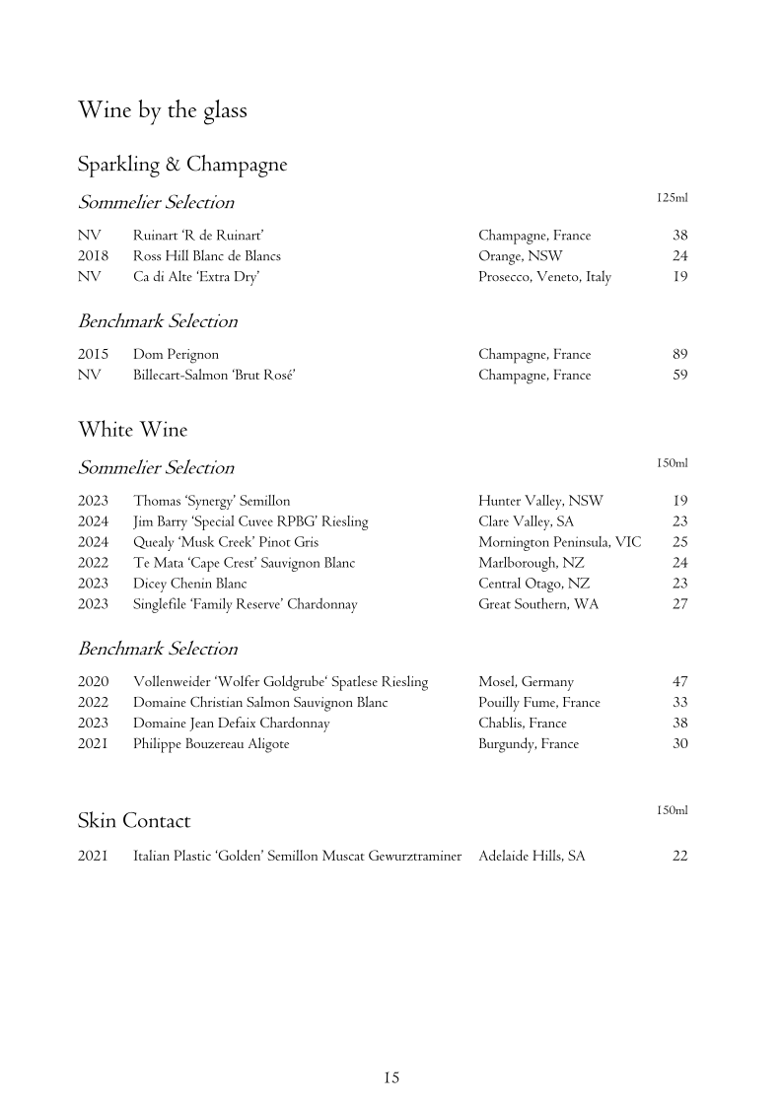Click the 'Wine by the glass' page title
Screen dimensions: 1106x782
[163, 110]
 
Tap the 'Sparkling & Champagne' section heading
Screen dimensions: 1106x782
[182, 165]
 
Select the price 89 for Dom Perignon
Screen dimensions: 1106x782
[679, 354]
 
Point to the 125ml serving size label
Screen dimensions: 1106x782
[672, 198]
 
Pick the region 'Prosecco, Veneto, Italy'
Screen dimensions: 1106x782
[544, 277]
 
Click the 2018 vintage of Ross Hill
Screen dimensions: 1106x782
[93, 256]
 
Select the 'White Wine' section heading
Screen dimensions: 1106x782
[132, 430]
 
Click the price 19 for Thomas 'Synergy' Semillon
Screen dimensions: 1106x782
[679, 501]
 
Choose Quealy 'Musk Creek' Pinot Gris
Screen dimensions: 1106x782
[226, 542]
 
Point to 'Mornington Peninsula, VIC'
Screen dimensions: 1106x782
[559, 542]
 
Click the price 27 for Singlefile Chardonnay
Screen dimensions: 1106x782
[679, 604]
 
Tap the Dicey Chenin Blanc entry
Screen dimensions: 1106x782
[190, 584]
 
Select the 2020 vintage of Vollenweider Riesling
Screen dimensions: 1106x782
[93, 682]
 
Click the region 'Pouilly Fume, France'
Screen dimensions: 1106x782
[538, 703]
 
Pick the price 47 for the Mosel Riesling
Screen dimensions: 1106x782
[679, 682]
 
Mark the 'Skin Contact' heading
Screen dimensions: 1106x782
[134, 821]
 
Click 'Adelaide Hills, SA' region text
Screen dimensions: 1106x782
[532, 857]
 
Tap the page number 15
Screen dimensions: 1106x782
[391, 1077]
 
